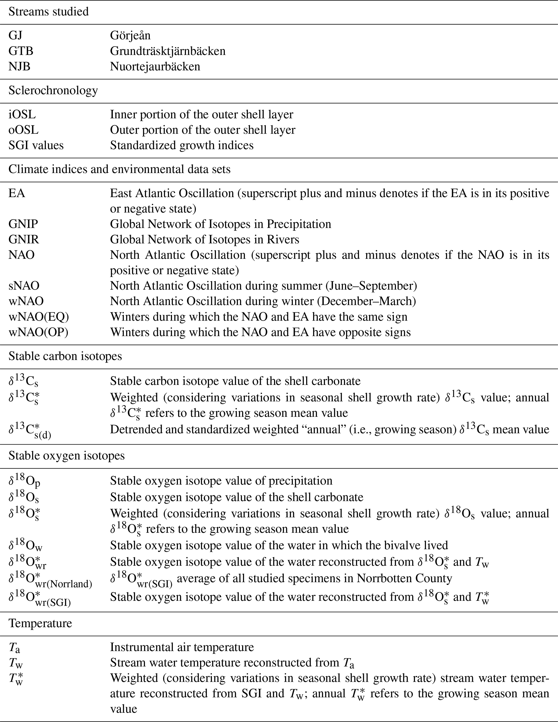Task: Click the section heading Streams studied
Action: pos(49,12)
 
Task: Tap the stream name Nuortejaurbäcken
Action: pos(155,67)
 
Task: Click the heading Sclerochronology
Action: pos(53,91)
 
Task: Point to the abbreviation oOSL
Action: pos(23,130)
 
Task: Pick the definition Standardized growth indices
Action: pos(181,145)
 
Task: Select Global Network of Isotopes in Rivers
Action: pos(204,240)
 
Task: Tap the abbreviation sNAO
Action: pos(24,286)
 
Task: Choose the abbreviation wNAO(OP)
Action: pos(38,332)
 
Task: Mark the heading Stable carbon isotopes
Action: pos(65,356)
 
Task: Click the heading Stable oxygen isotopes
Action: pos(66,456)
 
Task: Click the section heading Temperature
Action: pos(40,623)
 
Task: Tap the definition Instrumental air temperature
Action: pos(182,647)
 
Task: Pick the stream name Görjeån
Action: pos(130,36)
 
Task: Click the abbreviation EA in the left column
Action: pos(17,194)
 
